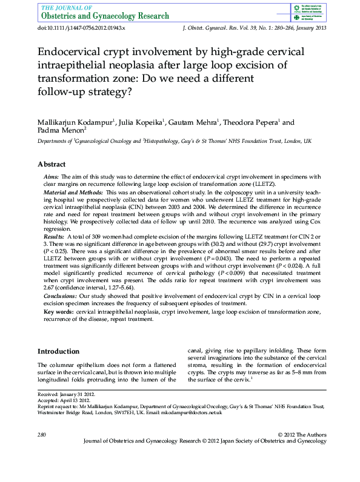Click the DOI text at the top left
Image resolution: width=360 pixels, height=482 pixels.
(x=81, y=28)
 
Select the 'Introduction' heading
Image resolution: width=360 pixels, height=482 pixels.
(x=58, y=351)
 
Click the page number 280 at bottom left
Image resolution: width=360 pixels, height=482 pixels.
(x=42, y=435)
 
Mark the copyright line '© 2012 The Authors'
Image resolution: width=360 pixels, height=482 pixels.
(x=301, y=435)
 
